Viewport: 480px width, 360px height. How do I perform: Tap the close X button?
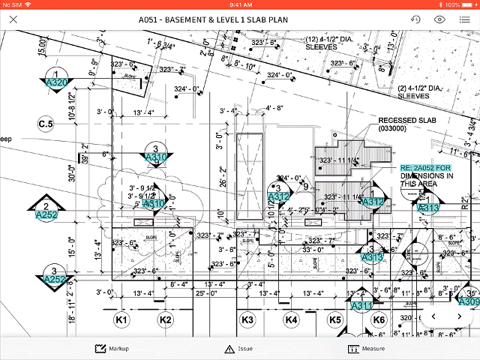point(13,19)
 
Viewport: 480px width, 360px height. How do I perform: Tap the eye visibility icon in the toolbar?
point(439,19)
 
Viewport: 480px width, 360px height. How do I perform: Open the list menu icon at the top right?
point(464,19)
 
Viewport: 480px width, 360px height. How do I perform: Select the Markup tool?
point(112,349)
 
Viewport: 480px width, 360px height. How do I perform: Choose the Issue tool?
point(240,349)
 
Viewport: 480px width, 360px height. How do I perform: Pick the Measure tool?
point(367,349)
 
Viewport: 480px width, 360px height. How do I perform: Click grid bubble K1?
point(121,321)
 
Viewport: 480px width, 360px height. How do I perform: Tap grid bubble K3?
point(247,321)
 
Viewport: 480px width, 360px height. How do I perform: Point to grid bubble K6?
point(379,321)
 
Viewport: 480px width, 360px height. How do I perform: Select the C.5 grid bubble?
point(46,123)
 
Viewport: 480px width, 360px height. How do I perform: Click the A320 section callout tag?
point(57,82)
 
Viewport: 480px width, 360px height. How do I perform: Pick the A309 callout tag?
point(469,301)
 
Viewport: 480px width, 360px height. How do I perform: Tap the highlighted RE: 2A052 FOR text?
point(425,168)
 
